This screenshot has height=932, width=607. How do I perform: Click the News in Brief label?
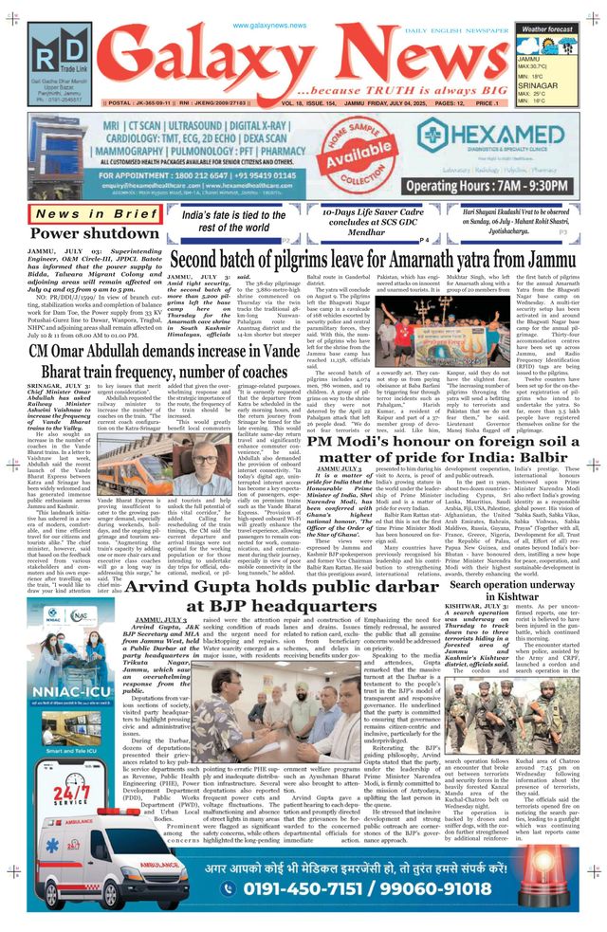point(84,214)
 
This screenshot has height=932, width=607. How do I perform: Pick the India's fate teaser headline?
point(230,221)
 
